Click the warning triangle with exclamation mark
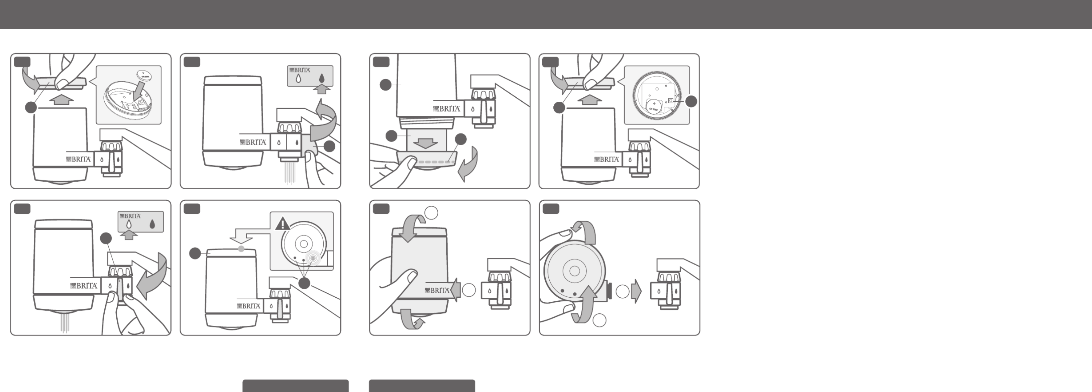(x=282, y=223)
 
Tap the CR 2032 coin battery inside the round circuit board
(x=654, y=106)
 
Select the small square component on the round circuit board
(x=670, y=101)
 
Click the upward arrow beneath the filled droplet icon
(x=321, y=89)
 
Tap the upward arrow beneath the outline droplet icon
(x=128, y=234)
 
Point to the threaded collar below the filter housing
(x=426, y=123)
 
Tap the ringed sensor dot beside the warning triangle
(x=313, y=258)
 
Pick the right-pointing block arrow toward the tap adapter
(x=636, y=291)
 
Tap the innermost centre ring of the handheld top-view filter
(x=574, y=271)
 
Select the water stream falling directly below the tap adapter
(x=290, y=172)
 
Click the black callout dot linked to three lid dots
(x=304, y=283)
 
